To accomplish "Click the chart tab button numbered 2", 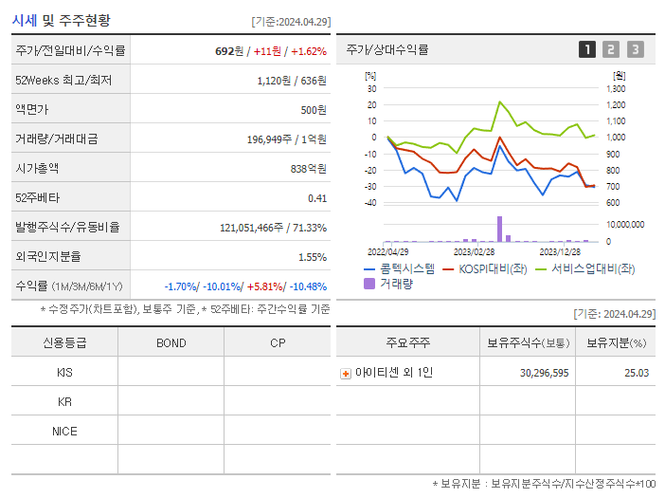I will coord(611,49).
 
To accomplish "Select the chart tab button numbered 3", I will coord(635,49).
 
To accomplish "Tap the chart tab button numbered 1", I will coord(587,49).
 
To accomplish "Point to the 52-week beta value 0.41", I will coord(317,197).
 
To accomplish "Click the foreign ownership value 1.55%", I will coord(312,256).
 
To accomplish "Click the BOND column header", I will coord(171,342).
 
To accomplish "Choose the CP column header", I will coord(278,342).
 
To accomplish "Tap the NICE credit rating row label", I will coord(64,431).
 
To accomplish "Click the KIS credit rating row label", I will coord(64,372).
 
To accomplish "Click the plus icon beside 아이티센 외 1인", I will coord(346,373).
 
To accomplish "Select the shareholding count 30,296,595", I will coord(544,373).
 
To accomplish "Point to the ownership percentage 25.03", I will coord(637,373).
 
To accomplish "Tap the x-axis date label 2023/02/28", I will coord(474,251).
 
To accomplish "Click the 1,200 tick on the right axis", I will coord(616,104).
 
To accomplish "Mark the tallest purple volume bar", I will coord(499,229).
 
